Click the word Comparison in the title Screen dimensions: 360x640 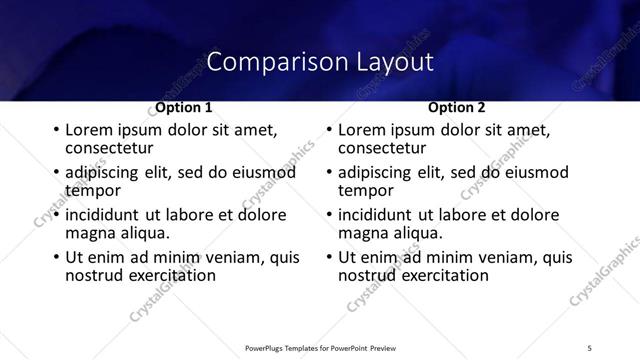coord(263,62)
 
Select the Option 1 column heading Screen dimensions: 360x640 coord(184,107)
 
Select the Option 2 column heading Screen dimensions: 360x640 coord(457,107)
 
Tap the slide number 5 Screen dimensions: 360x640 coord(589,347)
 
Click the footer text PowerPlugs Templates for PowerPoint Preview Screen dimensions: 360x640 coord(320,347)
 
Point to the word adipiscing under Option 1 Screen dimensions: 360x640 coord(106,173)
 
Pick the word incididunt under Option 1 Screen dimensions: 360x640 coord(102,215)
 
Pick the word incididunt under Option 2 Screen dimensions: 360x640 coord(375,215)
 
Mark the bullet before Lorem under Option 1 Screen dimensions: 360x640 coord(54,131)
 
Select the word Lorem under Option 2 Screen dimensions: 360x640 coord(361,131)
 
